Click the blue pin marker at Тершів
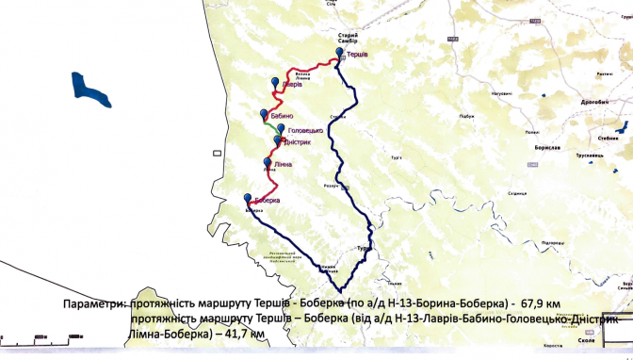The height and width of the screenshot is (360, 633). click(x=341, y=55)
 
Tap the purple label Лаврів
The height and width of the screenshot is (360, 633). click(x=292, y=86)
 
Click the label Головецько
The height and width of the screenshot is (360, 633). click(x=305, y=129)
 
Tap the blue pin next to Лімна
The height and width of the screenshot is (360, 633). click(x=267, y=162)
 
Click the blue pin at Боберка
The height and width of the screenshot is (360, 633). click(x=248, y=198)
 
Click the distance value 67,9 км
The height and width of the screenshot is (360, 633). click(x=548, y=305)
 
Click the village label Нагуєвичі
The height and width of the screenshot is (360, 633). click(x=501, y=94)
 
